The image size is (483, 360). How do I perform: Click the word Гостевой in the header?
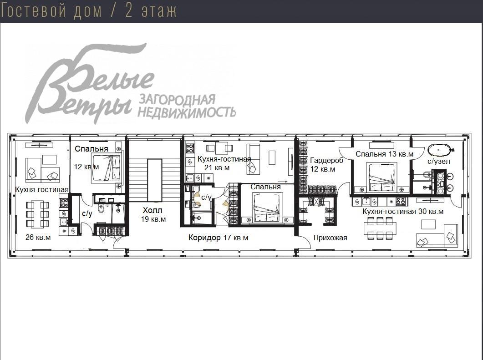pos(36,10)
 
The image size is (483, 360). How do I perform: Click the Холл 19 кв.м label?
pos(153,214)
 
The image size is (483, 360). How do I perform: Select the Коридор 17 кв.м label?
pos(219,238)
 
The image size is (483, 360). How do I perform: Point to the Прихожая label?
pos(330,238)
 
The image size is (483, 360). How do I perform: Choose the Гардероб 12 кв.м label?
pos(326,164)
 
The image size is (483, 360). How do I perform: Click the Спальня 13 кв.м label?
pos(384,154)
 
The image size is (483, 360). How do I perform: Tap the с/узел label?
pos(439,161)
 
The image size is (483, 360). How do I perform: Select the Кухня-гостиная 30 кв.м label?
pos(402,211)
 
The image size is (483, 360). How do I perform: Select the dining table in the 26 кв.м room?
pos(37,214)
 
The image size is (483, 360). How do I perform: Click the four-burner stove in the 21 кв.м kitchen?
pos(190,148)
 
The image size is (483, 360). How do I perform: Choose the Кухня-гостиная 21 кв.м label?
pos(223,163)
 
